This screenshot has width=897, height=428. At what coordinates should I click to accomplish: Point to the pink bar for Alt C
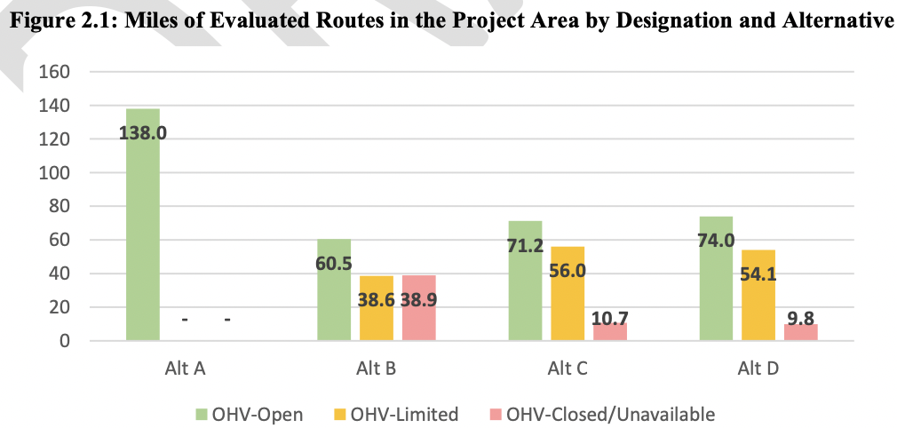[x=610, y=331]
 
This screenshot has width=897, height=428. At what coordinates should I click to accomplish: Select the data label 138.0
[x=142, y=133]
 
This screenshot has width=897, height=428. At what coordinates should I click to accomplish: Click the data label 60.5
[x=334, y=264]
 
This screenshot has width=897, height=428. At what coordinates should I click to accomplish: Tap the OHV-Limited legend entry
[x=417, y=413]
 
